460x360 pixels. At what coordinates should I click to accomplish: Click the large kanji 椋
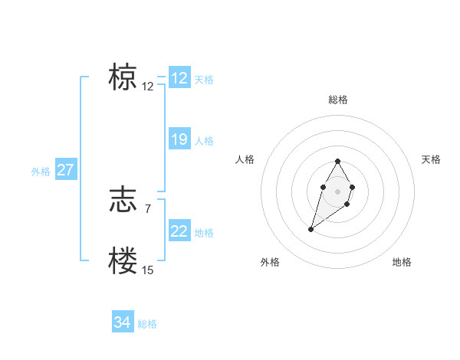[123, 77]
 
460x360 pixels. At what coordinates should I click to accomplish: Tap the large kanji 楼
[123, 260]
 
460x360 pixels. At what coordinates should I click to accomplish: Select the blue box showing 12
[179, 78]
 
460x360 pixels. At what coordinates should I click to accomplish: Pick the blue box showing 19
[179, 139]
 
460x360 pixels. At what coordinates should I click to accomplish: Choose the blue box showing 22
[179, 231]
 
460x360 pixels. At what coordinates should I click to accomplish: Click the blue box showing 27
[65, 170]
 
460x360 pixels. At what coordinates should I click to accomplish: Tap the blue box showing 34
[122, 322]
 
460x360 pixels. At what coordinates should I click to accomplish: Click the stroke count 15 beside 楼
[147, 270]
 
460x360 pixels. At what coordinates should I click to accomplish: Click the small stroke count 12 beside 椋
[147, 87]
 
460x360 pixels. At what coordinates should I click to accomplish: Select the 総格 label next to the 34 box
[147, 324]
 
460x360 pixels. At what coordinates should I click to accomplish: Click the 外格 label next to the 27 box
[41, 172]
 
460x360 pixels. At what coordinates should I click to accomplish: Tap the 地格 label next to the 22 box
[204, 233]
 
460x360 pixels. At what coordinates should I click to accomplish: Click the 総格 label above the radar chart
[337, 100]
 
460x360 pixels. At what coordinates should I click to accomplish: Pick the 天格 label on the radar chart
[431, 159]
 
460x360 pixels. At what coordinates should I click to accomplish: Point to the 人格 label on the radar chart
[245, 159]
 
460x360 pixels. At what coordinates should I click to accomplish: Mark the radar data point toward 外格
[311, 228]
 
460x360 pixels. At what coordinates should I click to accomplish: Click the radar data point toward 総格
[337, 162]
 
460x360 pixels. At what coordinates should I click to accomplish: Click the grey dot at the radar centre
[337, 191]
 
